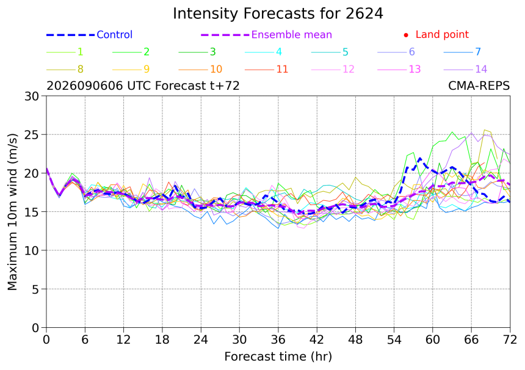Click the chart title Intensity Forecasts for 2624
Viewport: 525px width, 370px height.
[x=278, y=13]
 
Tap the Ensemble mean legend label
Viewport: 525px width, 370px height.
[x=292, y=34]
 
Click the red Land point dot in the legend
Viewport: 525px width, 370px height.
[x=406, y=35]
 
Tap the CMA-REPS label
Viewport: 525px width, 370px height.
[x=479, y=86]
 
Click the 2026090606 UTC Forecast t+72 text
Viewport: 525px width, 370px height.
[x=143, y=86]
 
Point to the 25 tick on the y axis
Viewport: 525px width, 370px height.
[x=32, y=134]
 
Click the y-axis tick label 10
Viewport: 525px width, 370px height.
[x=32, y=250]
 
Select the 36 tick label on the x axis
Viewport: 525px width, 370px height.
[x=278, y=340]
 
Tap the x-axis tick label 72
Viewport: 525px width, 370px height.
[x=510, y=340]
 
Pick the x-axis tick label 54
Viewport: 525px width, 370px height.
[x=394, y=340]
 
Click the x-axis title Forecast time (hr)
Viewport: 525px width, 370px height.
[x=278, y=357]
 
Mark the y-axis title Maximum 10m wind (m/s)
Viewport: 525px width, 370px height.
[x=12, y=212]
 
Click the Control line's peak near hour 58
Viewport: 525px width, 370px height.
[x=420, y=158]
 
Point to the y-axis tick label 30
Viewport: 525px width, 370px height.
[x=32, y=96]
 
